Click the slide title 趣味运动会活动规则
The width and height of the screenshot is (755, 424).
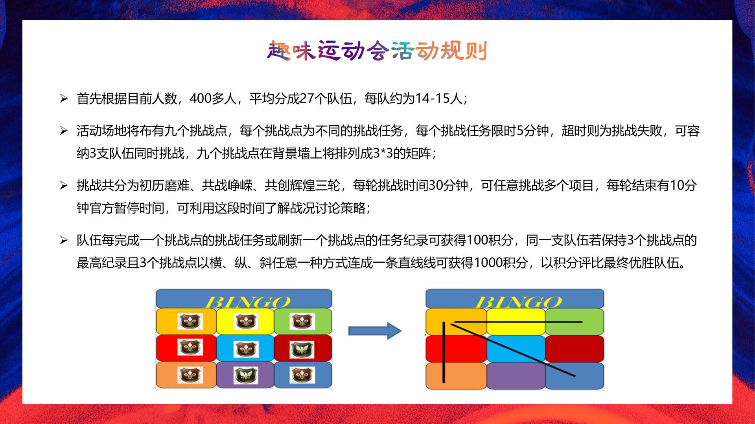377,51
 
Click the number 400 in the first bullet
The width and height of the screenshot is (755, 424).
201,99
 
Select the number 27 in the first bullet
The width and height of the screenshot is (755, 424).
307,99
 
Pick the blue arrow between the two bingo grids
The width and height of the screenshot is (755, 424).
375,331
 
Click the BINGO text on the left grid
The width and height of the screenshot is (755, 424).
247,302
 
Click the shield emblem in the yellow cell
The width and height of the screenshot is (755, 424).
246,322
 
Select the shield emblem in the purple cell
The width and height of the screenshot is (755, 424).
246,375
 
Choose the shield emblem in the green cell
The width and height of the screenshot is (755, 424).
302,322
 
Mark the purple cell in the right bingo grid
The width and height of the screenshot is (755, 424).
516,376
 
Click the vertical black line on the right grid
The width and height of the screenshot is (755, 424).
444,352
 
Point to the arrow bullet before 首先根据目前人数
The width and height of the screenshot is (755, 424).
64,99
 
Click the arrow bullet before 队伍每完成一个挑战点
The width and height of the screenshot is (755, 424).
64,240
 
